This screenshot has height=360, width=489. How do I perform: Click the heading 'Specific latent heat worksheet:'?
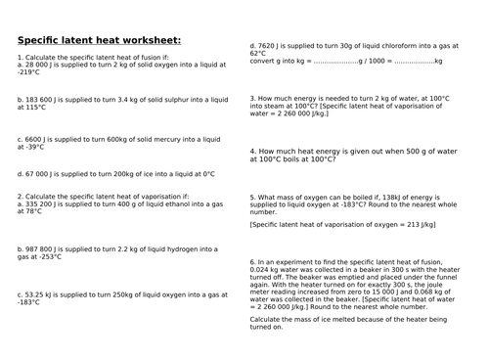click(x=99, y=40)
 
